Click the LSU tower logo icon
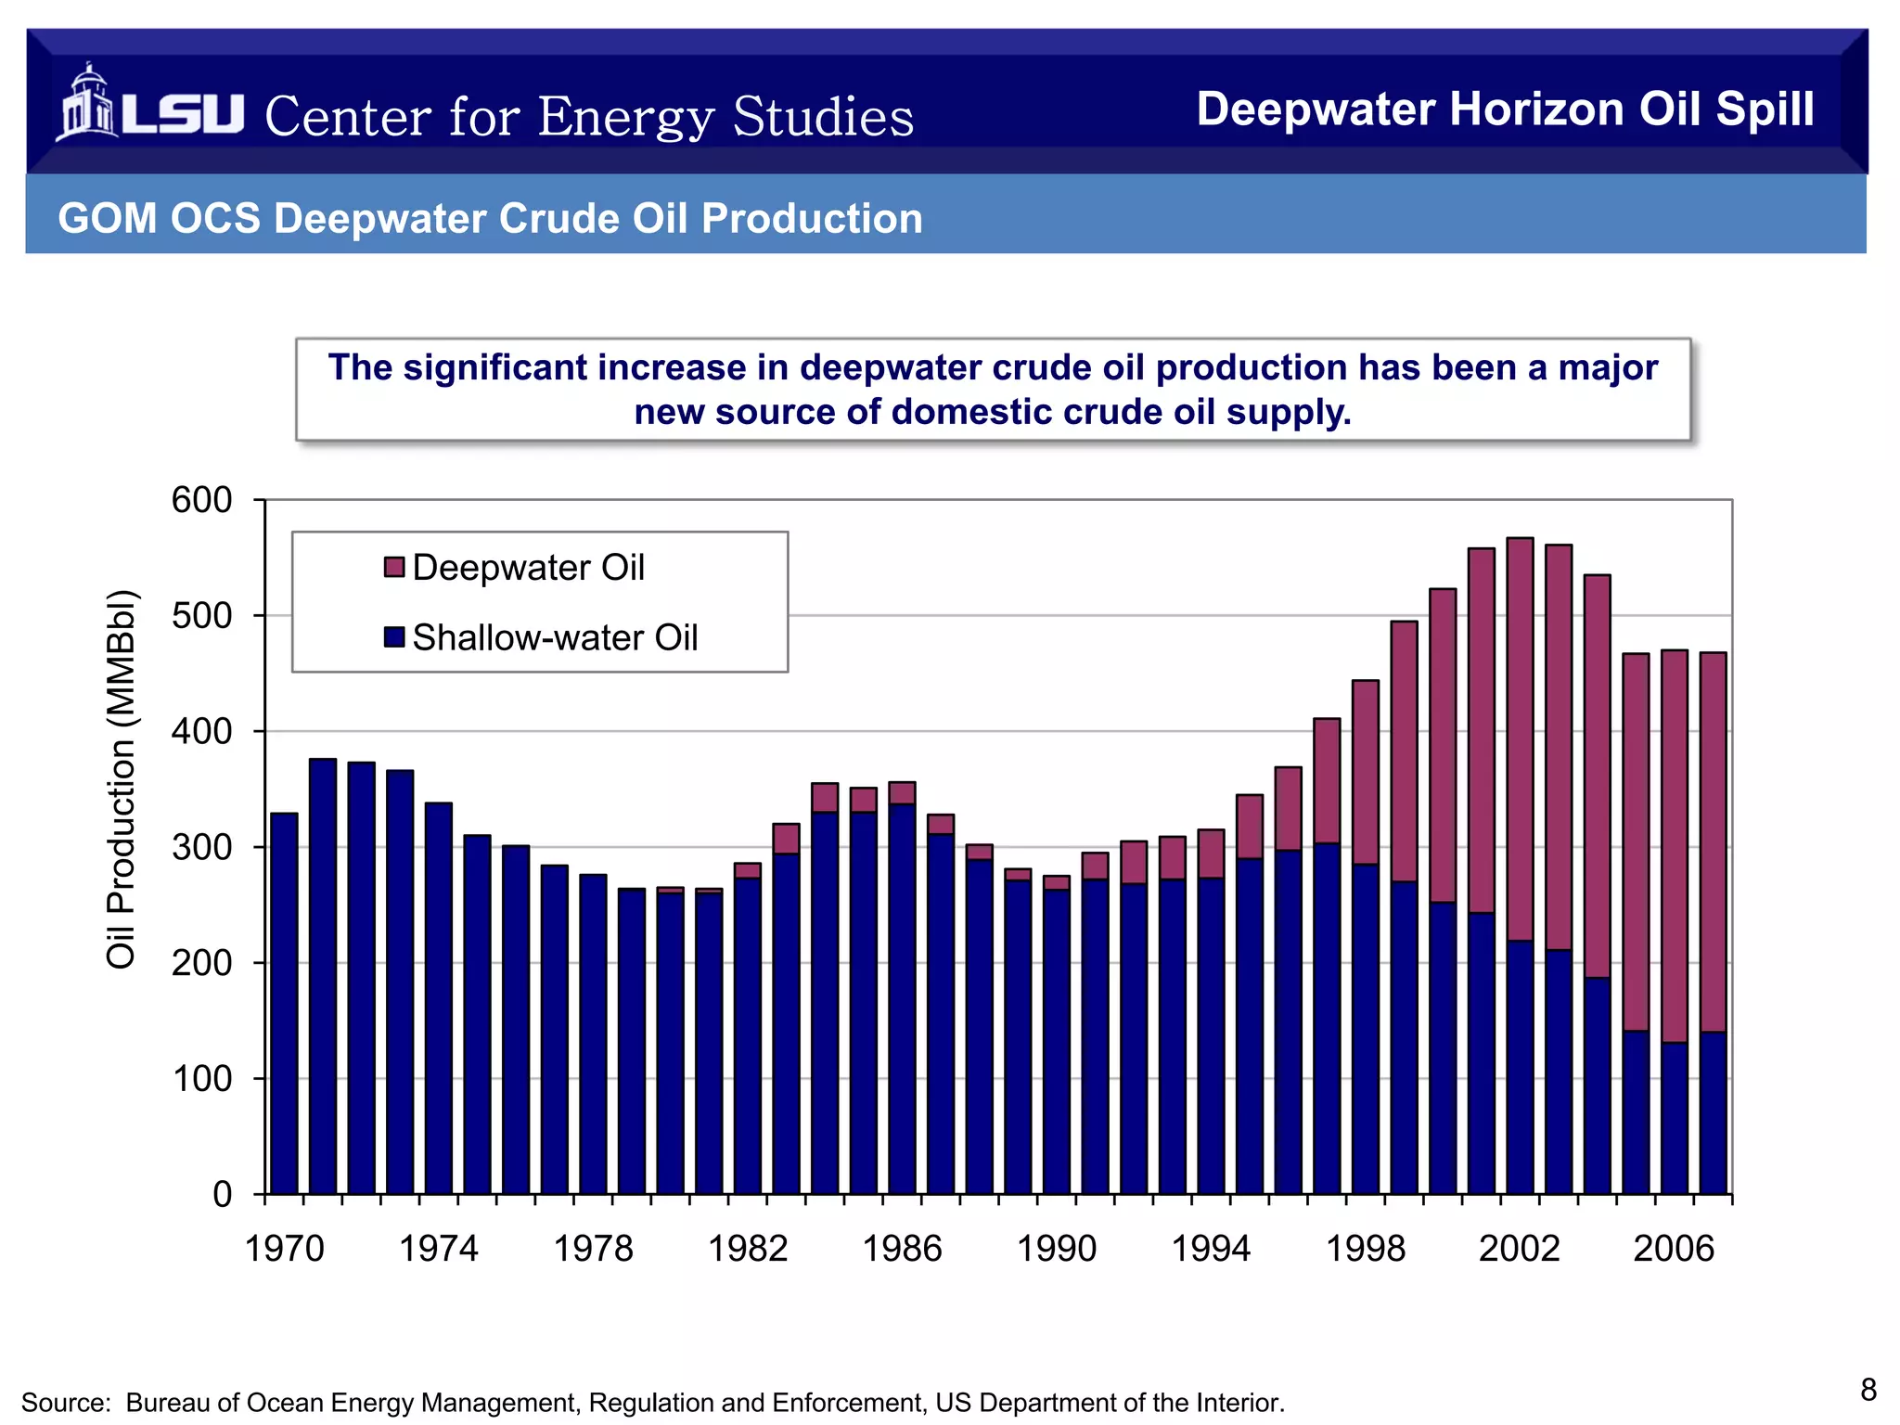(85, 105)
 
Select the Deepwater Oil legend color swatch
(394, 567)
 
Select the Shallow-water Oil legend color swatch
(394, 637)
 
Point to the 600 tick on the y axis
(201, 500)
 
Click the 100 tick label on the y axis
(201, 1079)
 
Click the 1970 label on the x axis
(284, 1249)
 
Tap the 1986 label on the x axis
(902, 1249)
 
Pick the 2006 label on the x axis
(1674, 1249)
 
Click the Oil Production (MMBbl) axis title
(122, 779)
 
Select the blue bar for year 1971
(323, 974)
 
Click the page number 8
(1868, 1390)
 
